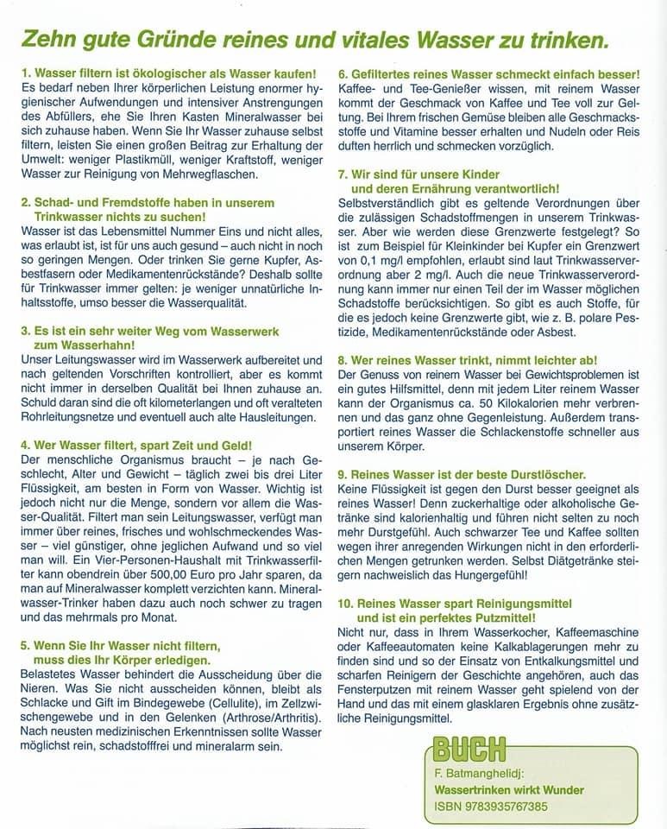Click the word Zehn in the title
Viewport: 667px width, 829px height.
51,41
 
